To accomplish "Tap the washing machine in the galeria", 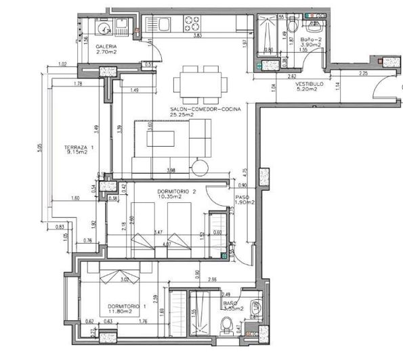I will point(104,28).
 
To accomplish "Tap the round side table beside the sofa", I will point(201,166).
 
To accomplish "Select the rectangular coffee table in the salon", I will point(162,138).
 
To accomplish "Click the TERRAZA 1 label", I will point(79,147).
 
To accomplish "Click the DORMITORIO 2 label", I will point(176,192).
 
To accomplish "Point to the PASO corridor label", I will point(244,196).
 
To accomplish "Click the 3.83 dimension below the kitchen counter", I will point(198,35).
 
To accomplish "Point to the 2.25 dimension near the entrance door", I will point(362,73).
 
